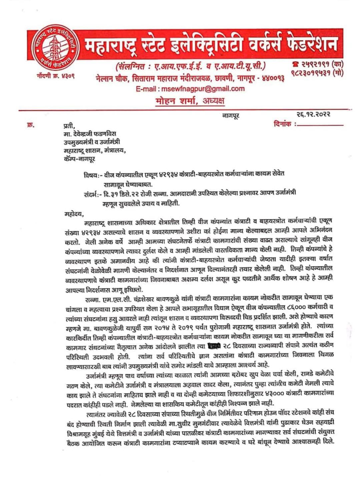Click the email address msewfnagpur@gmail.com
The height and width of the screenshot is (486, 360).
coord(190,89)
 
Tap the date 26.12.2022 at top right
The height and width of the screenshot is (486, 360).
coord(313,114)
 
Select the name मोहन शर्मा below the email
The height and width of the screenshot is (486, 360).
coord(190,101)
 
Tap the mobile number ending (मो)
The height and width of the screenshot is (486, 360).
coord(317,73)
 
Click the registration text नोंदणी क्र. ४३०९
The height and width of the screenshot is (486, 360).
coord(55,76)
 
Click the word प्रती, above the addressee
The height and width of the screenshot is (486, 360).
coord(69,126)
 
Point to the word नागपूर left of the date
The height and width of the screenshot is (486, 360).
coord(231,115)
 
